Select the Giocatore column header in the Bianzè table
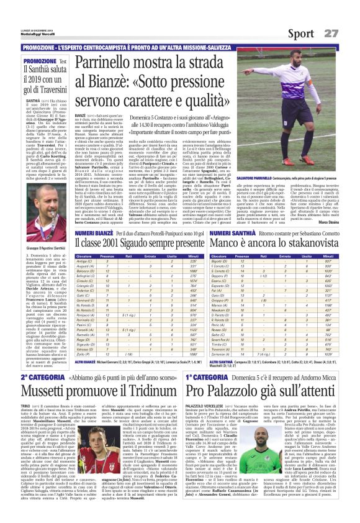[84, 255]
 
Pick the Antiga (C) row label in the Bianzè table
[84, 262]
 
